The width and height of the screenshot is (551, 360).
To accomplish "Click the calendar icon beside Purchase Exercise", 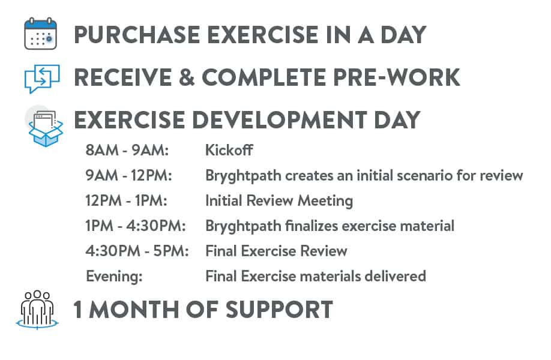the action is click(x=40, y=34).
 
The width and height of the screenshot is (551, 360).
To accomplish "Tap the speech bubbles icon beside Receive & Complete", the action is click(x=42, y=79).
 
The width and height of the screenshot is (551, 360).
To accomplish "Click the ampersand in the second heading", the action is click(x=187, y=77).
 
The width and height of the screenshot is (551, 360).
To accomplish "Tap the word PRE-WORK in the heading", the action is click(x=396, y=77).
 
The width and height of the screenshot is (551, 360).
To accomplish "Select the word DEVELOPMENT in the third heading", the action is click(x=280, y=120).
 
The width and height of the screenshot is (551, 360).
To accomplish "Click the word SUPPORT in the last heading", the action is click(x=279, y=310).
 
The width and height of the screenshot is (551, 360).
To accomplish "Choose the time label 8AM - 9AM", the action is click(x=127, y=150).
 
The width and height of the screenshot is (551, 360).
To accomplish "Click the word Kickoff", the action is click(x=229, y=150).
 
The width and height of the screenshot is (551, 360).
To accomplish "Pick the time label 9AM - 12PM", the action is click(x=128, y=175).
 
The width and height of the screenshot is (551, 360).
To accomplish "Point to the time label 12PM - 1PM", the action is click(x=126, y=200).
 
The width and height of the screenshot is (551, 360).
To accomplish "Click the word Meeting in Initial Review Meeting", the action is click(x=325, y=201).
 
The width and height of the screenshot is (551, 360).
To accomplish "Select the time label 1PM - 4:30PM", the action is click(x=135, y=226).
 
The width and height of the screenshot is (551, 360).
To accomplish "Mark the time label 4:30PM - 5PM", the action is click(x=137, y=251).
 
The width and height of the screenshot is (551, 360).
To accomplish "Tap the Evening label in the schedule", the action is click(x=114, y=277).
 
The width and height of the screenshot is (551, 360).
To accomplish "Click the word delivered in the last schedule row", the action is click(x=396, y=276).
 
